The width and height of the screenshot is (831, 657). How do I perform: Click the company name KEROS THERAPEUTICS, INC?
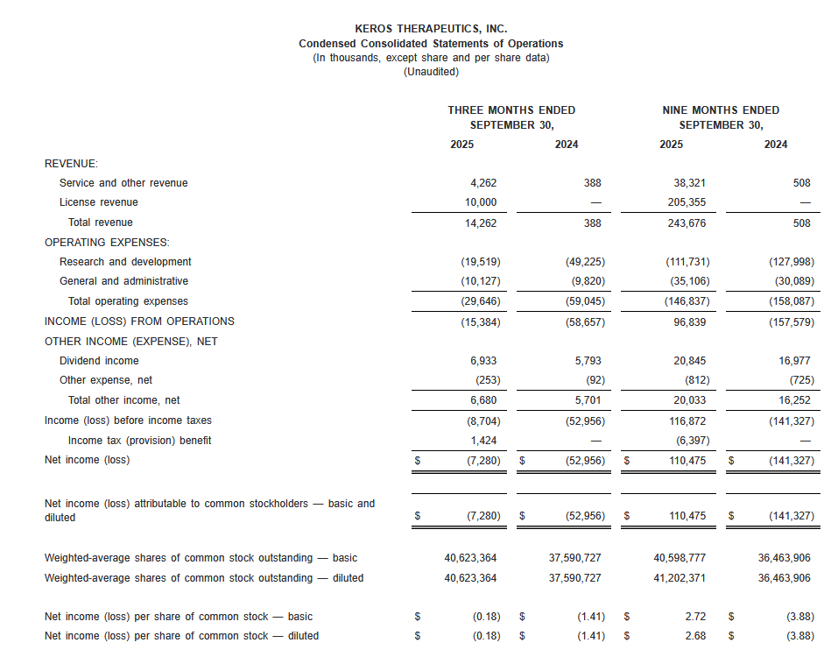click(x=431, y=29)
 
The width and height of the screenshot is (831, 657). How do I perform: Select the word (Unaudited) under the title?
click(x=431, y=72)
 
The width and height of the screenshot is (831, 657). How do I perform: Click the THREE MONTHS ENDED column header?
click(x=511, y=110)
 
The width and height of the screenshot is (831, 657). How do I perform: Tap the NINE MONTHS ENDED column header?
click(x=721, y=110)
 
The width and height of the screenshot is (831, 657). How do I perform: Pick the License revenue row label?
click(x=98, y=202)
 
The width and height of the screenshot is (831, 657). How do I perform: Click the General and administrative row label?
click(x=123, y=281)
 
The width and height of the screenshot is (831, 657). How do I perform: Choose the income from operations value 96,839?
click(x=688, y=321)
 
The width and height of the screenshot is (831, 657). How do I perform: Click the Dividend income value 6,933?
click(x=484, y=361)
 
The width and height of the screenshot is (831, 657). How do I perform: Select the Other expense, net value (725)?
click(x=800, y=380)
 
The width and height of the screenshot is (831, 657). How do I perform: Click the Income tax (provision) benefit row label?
click(x=139, y=440)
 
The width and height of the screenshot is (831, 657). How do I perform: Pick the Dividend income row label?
click(x=99, y=361)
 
